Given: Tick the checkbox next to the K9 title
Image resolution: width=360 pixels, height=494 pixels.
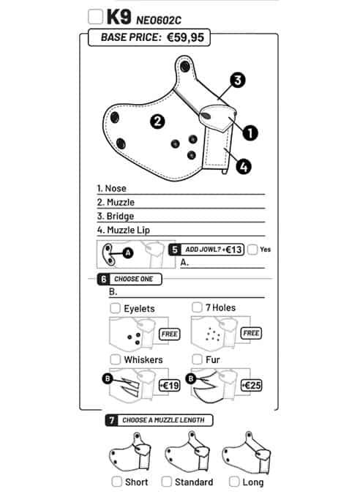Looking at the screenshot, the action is click(x=95, y=17).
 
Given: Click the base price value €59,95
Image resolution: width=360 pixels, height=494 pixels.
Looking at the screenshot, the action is click(x=185, y=37).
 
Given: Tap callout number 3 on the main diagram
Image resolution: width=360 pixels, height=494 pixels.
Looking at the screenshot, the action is click(x=238, y=80).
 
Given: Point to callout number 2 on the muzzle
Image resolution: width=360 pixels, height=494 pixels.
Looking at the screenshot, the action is click(x=157, y=121).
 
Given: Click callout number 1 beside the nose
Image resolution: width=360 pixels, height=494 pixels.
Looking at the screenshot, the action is click(x=250, y=132).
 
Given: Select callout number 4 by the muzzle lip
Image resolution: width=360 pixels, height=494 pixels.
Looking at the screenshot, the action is click(x=244, y=166).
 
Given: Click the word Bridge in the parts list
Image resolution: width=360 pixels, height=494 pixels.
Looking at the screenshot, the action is click(x=120, y=216).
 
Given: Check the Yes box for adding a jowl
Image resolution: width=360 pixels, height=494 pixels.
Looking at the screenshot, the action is click(x=252, y=250).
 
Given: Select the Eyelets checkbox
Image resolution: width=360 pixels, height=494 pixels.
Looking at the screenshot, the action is click(x=115, y=308).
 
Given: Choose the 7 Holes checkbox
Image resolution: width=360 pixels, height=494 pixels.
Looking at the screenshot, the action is click(x=197, y=307).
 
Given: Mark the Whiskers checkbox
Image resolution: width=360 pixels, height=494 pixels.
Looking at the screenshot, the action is click(x=116, y=359).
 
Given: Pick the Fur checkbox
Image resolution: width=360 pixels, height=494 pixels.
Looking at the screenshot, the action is click(x=197, y=359).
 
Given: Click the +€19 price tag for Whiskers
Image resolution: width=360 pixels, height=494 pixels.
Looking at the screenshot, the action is click(x=170, y=385).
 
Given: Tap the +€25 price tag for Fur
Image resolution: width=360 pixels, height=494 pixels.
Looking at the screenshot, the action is click(x=251, y=385).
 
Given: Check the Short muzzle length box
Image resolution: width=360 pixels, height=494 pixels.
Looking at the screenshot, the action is click(x=117, y=482).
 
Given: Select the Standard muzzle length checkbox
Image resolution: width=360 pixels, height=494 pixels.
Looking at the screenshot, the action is click(x=166, y=482).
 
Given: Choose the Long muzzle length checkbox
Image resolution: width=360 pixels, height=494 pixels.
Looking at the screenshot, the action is click(x=234, y=482).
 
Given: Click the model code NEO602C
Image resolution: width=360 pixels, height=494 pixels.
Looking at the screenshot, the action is click(x=159, y=20).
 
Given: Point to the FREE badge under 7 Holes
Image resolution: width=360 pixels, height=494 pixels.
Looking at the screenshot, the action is click(x=251, y=333).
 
